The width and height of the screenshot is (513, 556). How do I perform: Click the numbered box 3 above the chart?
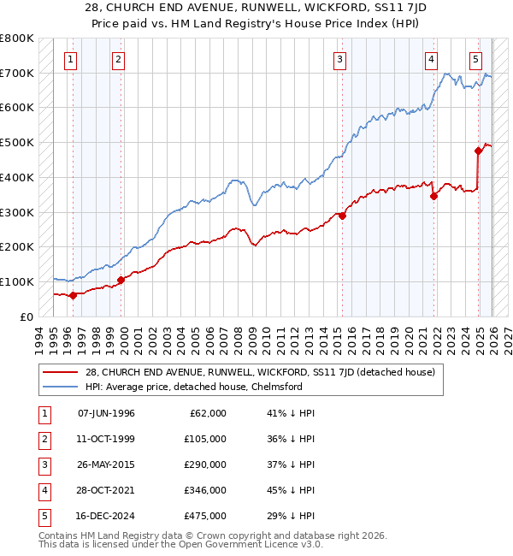(340, 59)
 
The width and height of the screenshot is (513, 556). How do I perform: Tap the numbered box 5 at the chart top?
(475, 59)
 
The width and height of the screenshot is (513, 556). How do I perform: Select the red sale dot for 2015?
(342, 216)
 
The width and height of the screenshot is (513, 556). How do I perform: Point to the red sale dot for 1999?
(121, 280)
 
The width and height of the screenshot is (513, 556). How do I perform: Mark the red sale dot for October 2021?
(433, 196)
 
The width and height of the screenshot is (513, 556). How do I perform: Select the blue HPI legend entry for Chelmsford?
(205, 387)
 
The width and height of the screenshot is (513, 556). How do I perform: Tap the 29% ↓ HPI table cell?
(292, 516)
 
